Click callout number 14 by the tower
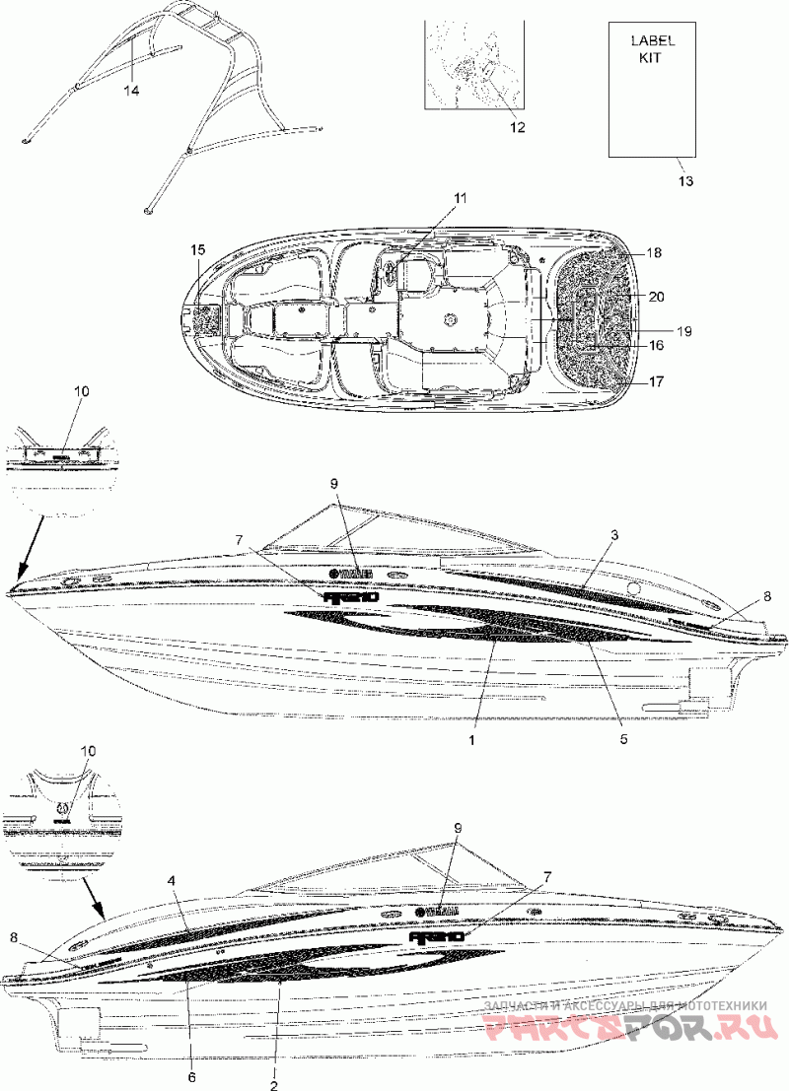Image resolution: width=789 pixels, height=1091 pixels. click(131, 91)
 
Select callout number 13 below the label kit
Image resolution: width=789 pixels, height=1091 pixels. click(686, 181)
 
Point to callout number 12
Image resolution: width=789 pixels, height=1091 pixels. click(517, 127)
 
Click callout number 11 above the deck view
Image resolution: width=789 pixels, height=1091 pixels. click(460, 198)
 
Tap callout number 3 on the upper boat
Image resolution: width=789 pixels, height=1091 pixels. click(613, 535)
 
